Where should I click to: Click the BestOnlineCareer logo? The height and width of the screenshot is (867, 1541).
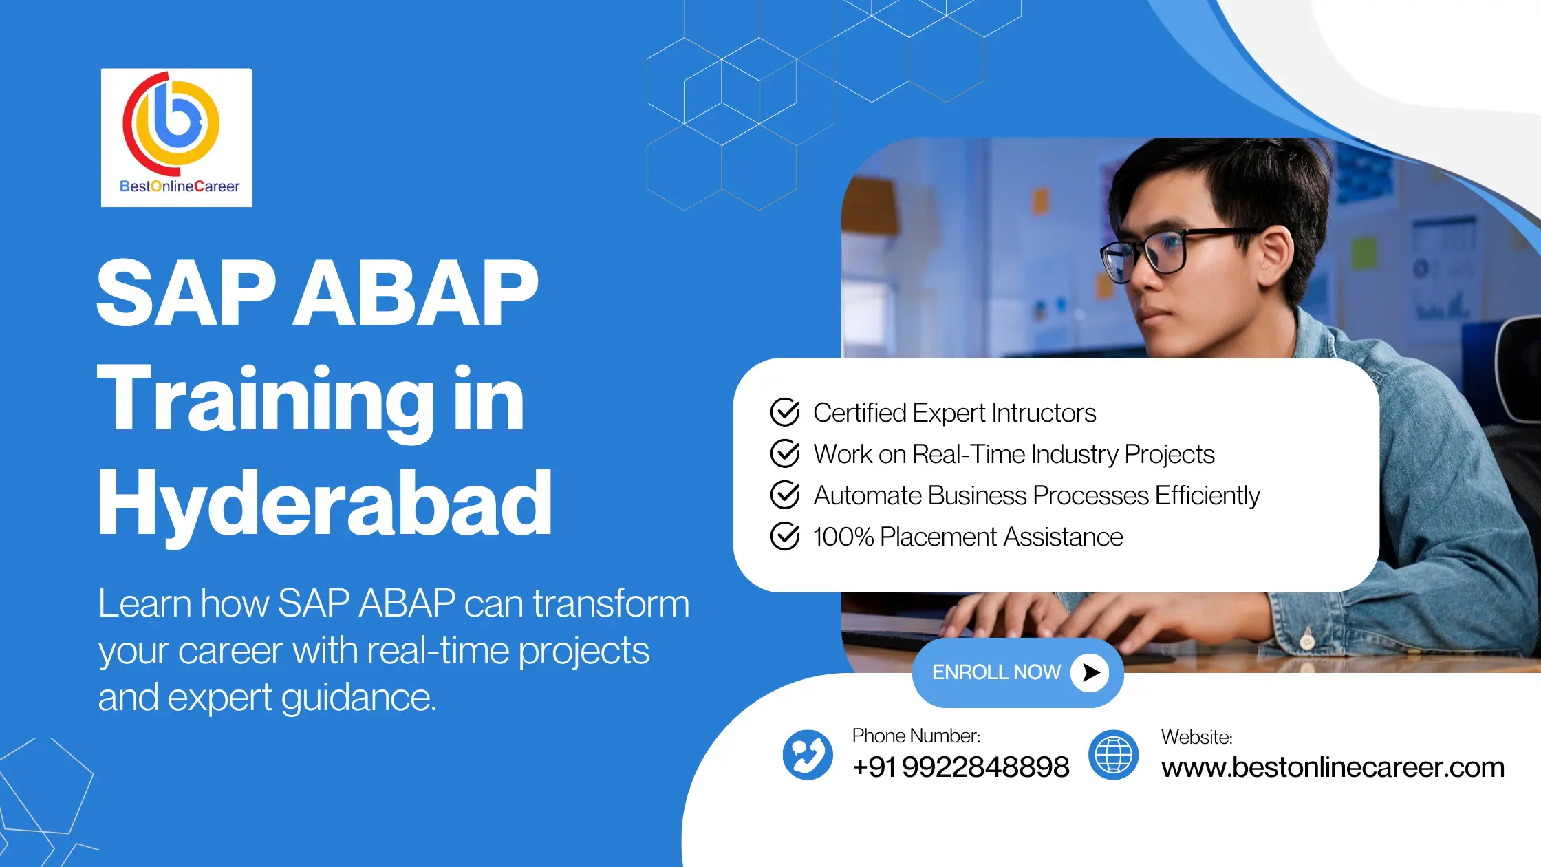coord(176,138)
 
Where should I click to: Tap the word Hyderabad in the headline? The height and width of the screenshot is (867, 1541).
coord(325,504)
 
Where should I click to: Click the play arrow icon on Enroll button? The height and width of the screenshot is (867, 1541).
coord(1090,672)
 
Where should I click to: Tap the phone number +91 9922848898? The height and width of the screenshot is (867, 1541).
coord(960,767)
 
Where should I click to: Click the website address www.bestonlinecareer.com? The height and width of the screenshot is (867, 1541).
coord(1333,767)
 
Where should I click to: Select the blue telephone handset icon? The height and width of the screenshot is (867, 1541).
coord(808,755)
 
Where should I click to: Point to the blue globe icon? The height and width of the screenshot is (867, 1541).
coord(1113,755)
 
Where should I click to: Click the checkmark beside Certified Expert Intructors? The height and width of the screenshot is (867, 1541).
coord(785,412)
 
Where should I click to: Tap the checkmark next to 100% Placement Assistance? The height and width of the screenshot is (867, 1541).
coord(785,536)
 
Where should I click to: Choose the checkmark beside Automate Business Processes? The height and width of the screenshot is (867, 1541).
coord(785,495)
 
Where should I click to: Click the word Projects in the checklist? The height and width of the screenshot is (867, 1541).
coord(1170,455)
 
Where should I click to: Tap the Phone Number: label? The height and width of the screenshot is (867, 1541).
coord(916,736)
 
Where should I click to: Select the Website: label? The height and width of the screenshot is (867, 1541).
coord(1197,737)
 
